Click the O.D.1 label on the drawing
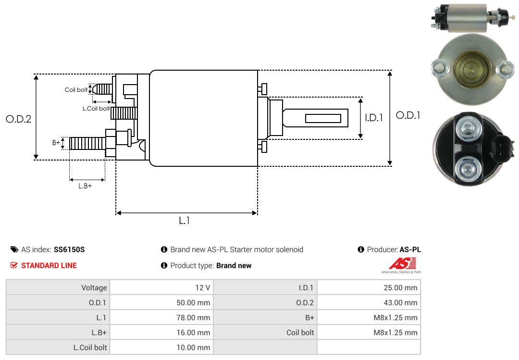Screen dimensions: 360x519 408,115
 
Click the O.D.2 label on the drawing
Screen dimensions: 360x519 18,119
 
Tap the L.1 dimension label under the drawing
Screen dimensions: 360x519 185,221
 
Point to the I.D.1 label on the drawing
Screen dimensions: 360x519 373,117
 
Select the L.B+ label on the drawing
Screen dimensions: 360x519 85,186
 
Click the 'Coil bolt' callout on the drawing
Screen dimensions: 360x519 76,90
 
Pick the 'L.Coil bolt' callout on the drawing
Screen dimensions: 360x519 96,109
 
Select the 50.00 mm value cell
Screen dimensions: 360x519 194,302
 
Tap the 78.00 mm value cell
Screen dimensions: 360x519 194,317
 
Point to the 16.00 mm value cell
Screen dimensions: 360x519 194,332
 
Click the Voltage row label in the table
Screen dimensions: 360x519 94,287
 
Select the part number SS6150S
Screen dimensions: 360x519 69,249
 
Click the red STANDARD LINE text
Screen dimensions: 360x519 49,265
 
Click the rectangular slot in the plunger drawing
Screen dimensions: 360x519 323,118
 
